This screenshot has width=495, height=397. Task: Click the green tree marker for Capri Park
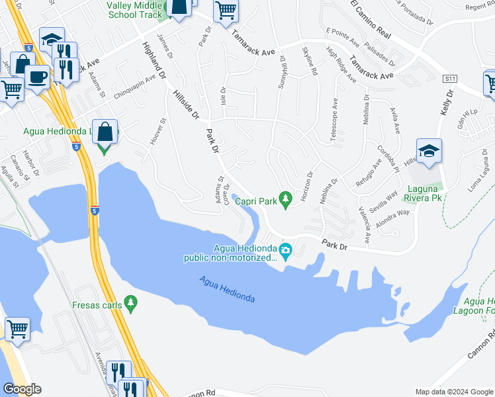coord(286,198)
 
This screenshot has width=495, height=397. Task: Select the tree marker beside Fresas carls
coord(131,303)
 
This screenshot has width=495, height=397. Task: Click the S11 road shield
coord(451,79)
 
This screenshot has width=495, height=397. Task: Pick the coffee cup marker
coord(37,77)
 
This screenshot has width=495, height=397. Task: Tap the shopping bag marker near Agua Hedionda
coord(105,132)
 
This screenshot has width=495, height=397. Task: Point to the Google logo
coord(21,389)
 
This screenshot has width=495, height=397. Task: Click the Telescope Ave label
coord(335,120)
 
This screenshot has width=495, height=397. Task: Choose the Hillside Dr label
coord(187,106)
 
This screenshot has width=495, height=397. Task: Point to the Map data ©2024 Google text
coord(453,392)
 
